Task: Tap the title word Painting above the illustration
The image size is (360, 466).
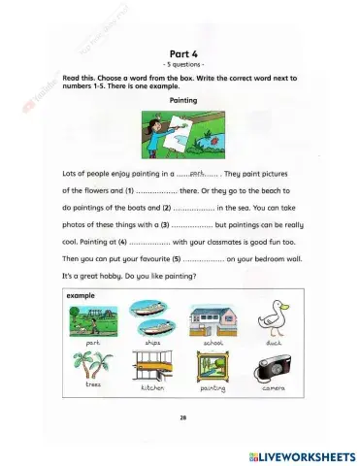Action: point(183,99)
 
